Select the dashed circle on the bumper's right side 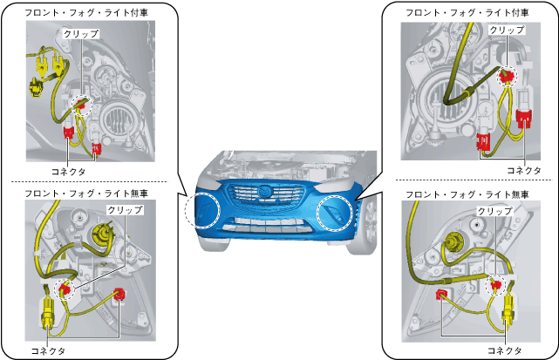337,211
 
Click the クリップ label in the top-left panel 81,33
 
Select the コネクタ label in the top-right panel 524,170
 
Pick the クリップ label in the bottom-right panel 494,212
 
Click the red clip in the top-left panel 81,105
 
